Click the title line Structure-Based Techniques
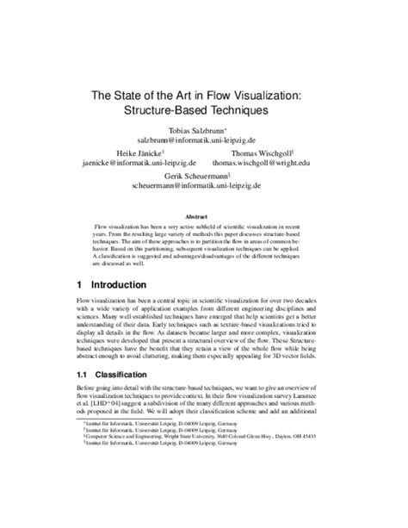click(205, 111)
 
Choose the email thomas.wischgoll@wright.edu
click(285, 160)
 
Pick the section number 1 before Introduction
click(79, 284)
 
